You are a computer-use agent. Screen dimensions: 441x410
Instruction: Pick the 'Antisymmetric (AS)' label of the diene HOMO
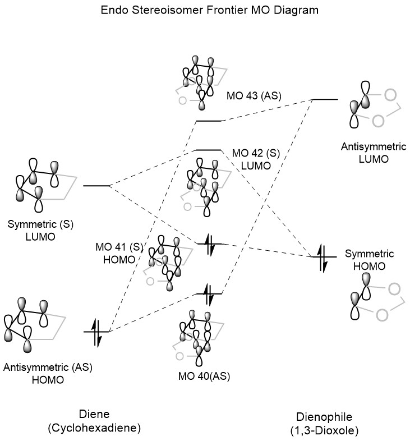pyautogui.click(x=48, y=367)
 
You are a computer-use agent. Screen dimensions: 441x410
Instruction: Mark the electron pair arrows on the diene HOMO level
pyautogui.click(x=96, y=332)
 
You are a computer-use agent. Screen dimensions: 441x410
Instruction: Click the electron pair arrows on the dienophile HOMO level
pyautogui.click(x=323, y=258)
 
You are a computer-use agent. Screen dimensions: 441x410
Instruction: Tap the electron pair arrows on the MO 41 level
pyautogui.click(x=209, y=244)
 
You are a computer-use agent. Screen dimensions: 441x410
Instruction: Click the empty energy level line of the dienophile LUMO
pyautogui.click(x=325, y=99)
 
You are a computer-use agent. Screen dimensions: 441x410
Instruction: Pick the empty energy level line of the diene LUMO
pyautogui.click(x=96, y=185)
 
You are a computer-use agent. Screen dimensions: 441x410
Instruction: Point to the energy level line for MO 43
pyautogui.click(x=209, y=121)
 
